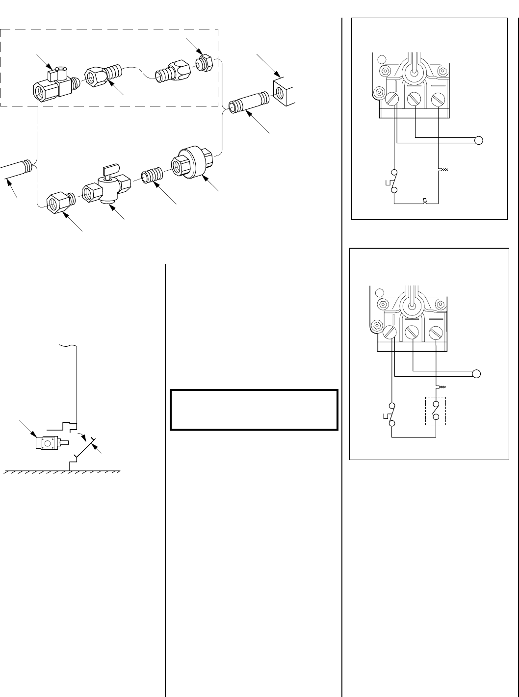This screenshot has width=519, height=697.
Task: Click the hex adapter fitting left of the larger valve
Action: [59, 201]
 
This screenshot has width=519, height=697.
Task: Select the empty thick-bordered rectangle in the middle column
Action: [254, 410]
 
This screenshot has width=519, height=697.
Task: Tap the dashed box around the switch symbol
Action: [436, 411]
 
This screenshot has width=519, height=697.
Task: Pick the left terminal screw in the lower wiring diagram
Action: [391, 333]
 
